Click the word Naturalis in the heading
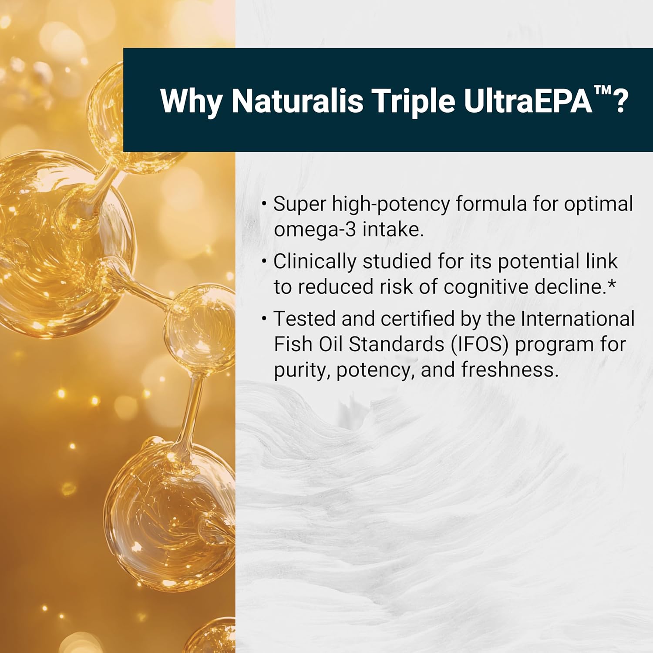pos(297,101)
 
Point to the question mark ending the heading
pos(622,101)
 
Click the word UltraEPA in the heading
pos(528,101)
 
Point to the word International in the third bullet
pos(578,319)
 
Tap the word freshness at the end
pos(509,370)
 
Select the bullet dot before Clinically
pos(264,261)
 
